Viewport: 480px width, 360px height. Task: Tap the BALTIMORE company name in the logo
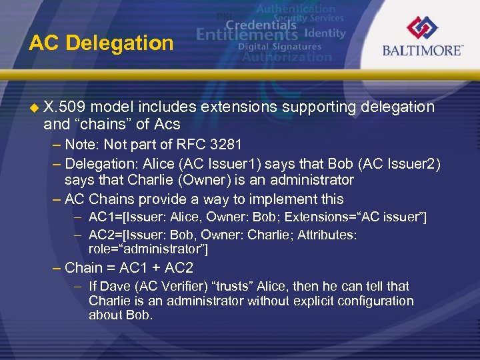click(422, 50)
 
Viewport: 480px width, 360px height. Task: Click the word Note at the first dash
click(80, 144)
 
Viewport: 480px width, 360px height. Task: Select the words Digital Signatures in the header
click(279, 47)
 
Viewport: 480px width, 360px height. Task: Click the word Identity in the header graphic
click(325, 33)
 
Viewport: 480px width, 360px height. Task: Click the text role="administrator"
click(148, 249)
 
